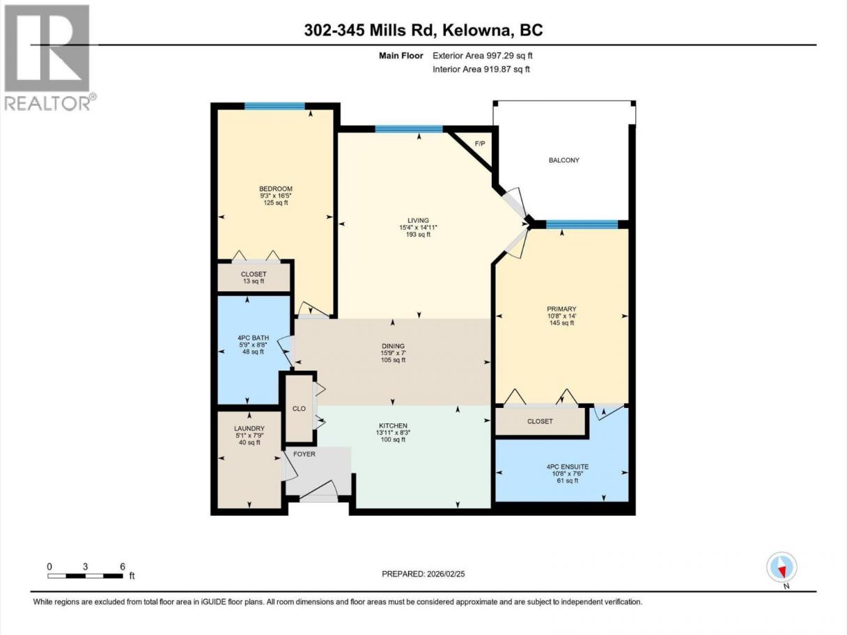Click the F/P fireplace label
480,144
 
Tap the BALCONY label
564,160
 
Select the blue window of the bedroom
274,106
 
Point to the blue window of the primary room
582,224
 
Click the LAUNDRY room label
249,428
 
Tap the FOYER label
304,454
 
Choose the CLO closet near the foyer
299,409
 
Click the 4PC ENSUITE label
568,467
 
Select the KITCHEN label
394,425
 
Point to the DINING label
394,346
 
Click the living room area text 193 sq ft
419,235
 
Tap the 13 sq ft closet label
254,281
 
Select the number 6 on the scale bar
123,566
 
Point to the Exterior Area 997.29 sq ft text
482,56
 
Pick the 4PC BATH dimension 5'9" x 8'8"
253,345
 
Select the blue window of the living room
409,130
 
